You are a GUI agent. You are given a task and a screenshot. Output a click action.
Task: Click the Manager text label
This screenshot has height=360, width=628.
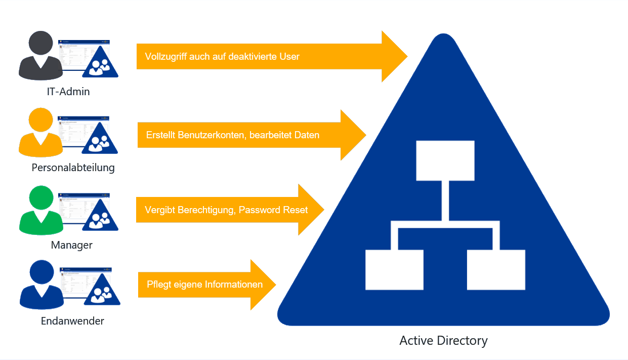coord(72,245)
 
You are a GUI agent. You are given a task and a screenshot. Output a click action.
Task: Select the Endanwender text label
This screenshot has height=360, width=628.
coord(72,321)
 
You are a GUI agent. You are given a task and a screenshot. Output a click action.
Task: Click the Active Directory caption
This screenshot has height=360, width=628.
coord(443,340)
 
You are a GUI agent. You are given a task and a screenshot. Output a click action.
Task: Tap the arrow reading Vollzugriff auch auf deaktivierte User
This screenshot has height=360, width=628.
coord(263,56)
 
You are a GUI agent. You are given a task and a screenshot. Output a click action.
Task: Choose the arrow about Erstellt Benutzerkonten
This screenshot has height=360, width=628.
coord(243,135)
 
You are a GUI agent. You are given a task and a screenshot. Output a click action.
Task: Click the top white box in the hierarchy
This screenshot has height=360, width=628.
coord(445,161)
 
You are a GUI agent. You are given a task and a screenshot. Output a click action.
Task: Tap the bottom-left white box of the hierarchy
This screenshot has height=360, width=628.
coord(394,269)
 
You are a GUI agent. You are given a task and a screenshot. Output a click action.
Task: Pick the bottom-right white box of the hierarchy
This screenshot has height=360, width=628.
coord(496,269)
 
